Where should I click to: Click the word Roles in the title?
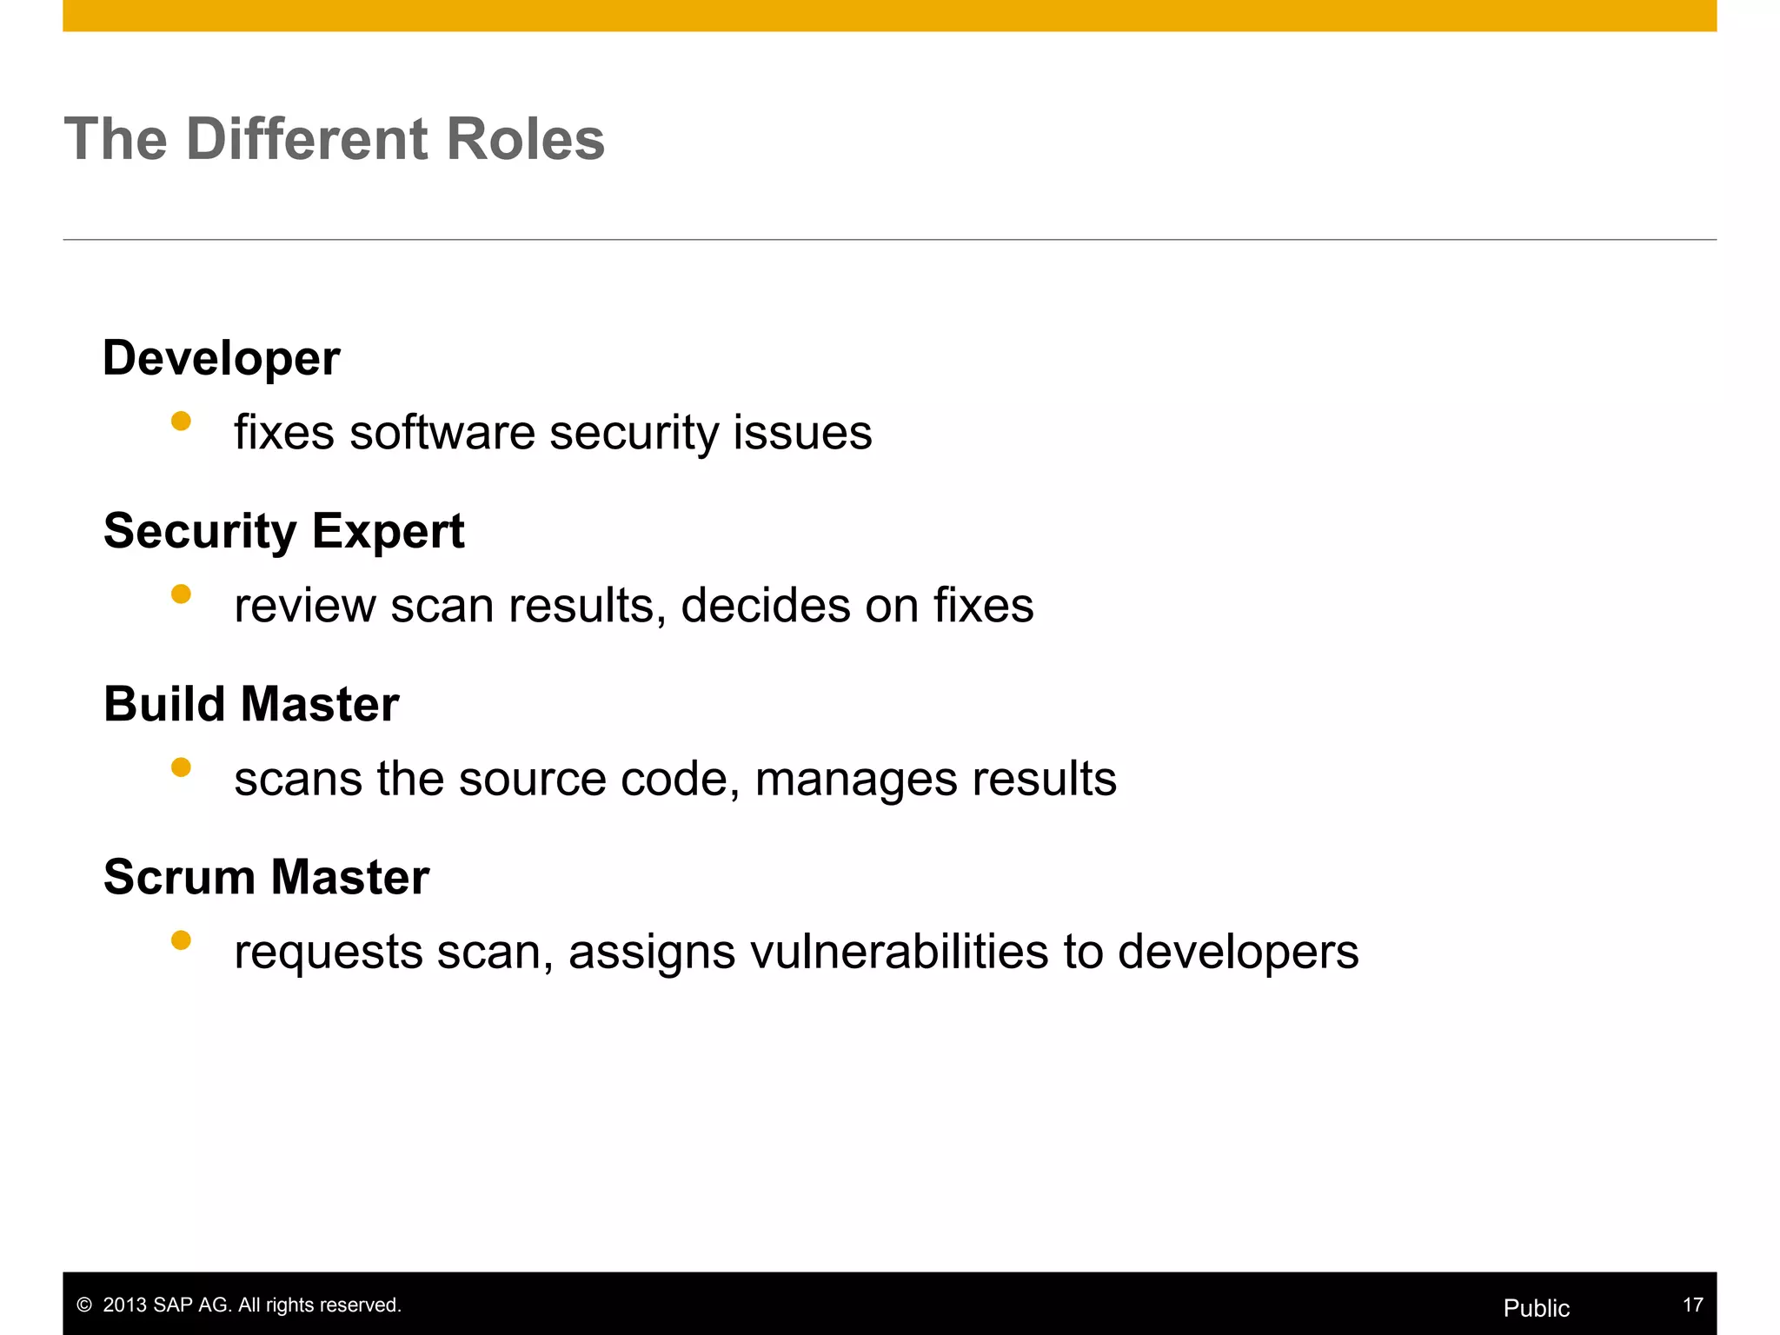(525, 139)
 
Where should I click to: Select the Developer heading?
(221, 358)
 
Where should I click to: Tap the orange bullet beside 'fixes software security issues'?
(181, 422)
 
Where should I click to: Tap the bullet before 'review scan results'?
(181, 594)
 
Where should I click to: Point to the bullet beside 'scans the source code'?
(181, 767)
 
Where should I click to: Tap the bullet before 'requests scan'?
(181, 940)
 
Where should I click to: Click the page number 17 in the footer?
(1692, 1305)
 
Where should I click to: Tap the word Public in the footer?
(1536, 1308)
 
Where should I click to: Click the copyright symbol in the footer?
(84, 1305)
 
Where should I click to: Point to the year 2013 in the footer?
(124, 1305)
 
